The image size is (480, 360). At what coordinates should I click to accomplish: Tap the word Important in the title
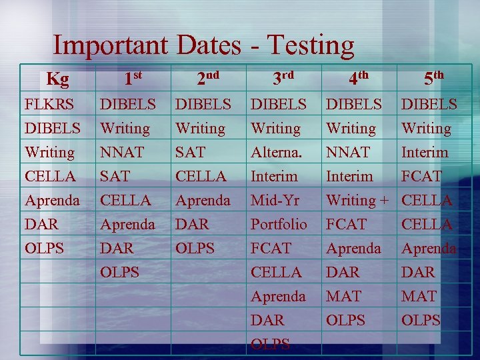click(x=112, y=45)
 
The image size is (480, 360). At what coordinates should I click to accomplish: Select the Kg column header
click(x=57, y=80)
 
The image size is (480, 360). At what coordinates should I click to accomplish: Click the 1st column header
click(x=133, y=79)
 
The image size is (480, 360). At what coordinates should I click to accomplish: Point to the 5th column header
click(x=434, y=79)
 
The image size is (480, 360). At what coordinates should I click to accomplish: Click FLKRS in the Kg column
click(x=49, y=105)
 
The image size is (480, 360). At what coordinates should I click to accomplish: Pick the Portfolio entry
click(x=279, y=224)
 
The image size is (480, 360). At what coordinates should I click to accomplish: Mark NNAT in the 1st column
click(x=121, y=153)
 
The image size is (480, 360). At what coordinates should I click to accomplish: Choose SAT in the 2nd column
click(x=190, y=153)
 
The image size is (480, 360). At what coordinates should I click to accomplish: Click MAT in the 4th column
click(x=343, y=296)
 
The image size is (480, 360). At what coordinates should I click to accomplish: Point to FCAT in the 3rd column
click(x=271, y=248)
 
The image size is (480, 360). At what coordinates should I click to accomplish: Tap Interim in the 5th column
click(x=425, y=153)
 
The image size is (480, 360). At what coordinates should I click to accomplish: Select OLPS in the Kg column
click(x=45, y=248)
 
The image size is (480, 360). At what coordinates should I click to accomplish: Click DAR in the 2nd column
click(x=191, y=224)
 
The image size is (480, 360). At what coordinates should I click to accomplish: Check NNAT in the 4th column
click(x=347, y=153)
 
